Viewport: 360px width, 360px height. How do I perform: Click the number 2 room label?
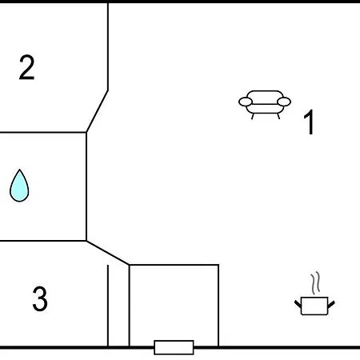coord(27,67)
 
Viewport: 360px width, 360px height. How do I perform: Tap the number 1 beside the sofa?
coord(309,122)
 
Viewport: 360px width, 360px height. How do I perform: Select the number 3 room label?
coord(40,298)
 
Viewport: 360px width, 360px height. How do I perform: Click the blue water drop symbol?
coord(19,186)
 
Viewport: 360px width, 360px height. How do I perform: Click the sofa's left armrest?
coord(246,102)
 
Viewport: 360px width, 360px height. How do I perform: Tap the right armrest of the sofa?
coord(284,102)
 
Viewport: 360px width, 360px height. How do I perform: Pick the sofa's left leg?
coord(253,116)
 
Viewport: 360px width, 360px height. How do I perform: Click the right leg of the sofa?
coord(278,116)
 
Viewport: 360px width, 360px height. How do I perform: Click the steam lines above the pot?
coord(315,283)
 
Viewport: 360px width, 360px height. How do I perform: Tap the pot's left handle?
coord(298,304)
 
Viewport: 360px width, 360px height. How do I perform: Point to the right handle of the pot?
coord(331,304)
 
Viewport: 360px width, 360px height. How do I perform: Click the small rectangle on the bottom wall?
coord(174,347)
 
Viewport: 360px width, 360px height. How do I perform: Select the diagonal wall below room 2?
coord(97,111)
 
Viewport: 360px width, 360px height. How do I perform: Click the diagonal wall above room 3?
coord(108,253)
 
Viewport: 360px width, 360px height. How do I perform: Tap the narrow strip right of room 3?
coord(118,306)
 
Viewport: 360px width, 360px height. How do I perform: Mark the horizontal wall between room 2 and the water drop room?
coord(43,132)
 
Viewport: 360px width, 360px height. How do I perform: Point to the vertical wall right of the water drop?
coord(86,186)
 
